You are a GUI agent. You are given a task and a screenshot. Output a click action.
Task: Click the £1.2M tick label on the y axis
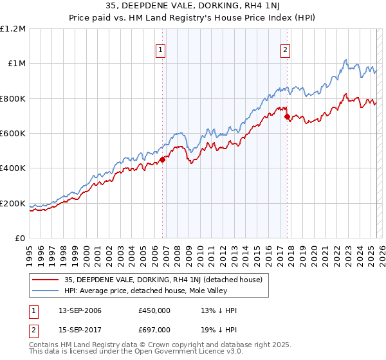13,28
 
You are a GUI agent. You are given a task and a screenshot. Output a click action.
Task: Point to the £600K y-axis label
13,134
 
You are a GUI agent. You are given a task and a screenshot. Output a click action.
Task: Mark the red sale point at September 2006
162,160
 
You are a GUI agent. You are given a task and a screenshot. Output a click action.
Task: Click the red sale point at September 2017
287,116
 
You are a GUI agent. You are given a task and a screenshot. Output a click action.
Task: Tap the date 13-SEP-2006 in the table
80,310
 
